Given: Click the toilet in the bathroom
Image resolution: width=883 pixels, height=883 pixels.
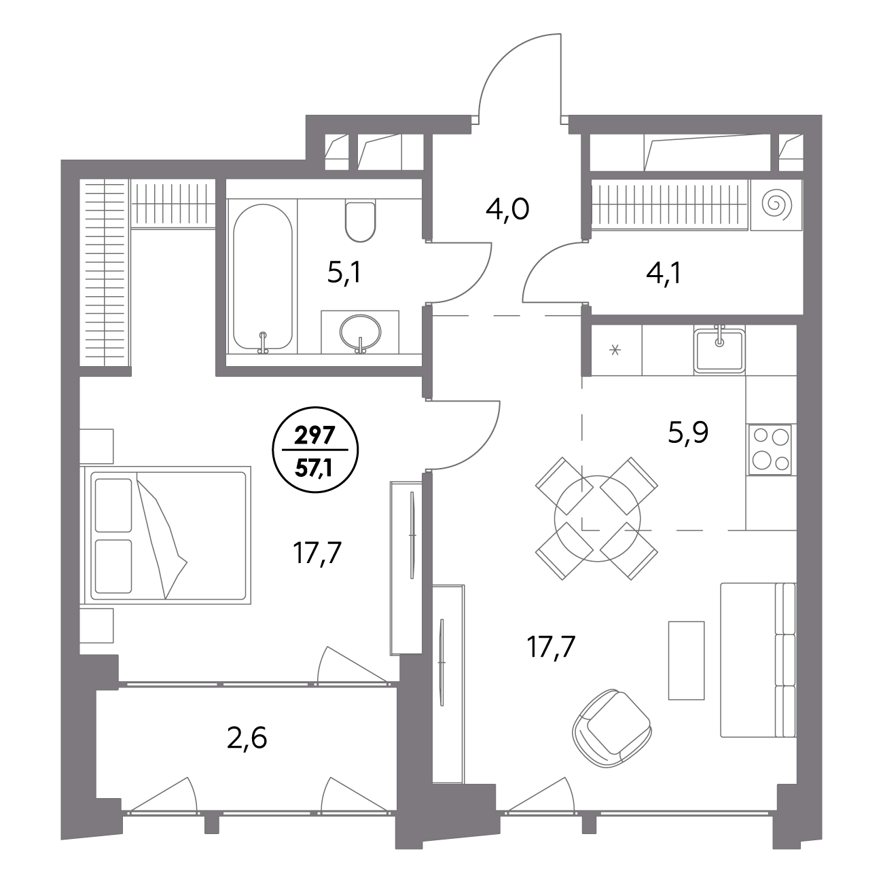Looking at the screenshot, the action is point(360,222).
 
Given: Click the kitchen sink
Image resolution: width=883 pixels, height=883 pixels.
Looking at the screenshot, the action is point(719,350).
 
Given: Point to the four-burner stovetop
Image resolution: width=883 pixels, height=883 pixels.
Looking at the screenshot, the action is point(770,449).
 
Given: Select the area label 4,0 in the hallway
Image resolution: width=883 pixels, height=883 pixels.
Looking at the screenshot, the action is point(507,210).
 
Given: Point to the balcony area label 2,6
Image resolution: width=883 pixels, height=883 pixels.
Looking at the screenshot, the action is point(247,738).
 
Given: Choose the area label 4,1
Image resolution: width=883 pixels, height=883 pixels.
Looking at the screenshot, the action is point(664,274).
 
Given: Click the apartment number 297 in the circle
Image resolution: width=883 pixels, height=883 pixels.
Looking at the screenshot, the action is point(315,435).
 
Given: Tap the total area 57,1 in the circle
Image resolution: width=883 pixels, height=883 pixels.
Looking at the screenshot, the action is point(315,468).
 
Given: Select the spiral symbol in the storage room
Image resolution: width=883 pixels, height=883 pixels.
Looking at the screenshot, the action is point(776,204).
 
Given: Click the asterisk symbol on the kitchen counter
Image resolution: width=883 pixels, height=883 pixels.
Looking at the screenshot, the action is point(615,350).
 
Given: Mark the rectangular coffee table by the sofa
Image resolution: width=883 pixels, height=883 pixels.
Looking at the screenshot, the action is point(686,660).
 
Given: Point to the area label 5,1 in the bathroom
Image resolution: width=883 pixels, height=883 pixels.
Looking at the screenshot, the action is point(344,274).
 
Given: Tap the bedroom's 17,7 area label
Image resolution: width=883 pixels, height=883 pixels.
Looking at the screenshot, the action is point(317,553).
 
